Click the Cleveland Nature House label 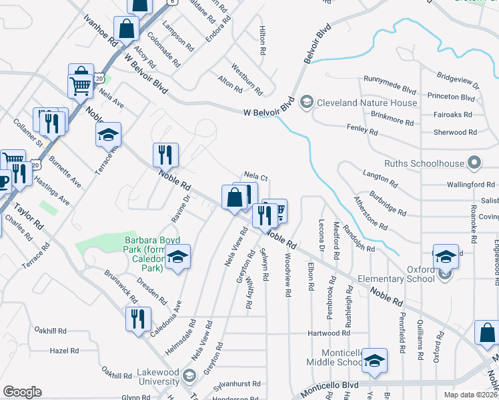click(x=368, y=103)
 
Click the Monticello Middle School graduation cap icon click(x=376, y=361)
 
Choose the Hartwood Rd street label click(x=329, y=333)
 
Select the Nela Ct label click(x=256, y=177)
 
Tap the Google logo click(x=22, y=392)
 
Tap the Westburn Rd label click(x=246, y=77)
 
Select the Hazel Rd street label click(x=65, y=350)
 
